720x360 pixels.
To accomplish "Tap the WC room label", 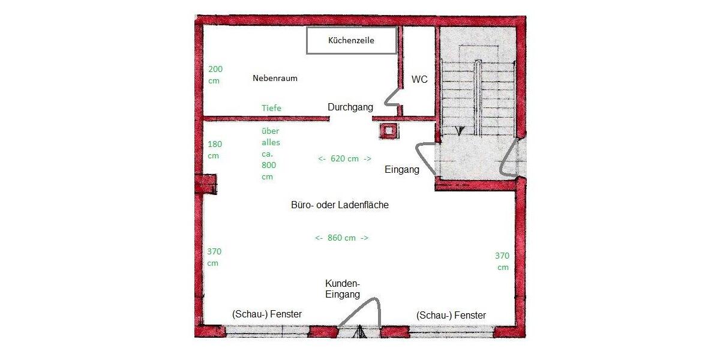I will [x=419, y=79].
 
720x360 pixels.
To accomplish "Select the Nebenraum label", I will [x=275, y=78].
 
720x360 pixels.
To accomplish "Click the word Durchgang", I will [x=350, y=107].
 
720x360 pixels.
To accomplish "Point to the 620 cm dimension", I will [x=344, y=158].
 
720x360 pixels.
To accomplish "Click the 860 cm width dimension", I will [x=341, y=238].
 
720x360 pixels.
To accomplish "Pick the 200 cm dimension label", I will [x=214, y=75].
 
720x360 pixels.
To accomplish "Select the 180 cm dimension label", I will [x=214, y=150].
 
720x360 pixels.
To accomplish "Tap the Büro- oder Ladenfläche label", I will [x=340, y=205].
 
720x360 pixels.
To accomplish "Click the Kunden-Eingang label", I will [x=343, y=289].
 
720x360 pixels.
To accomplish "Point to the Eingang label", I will [x=401, y=170].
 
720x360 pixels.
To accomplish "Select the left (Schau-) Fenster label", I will [x=266, y=314].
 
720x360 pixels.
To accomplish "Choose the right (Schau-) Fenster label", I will [x=451, y=315].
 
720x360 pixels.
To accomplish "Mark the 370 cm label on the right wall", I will [x=502, y=261].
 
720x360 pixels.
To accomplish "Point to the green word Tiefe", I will [x=271, y=108].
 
